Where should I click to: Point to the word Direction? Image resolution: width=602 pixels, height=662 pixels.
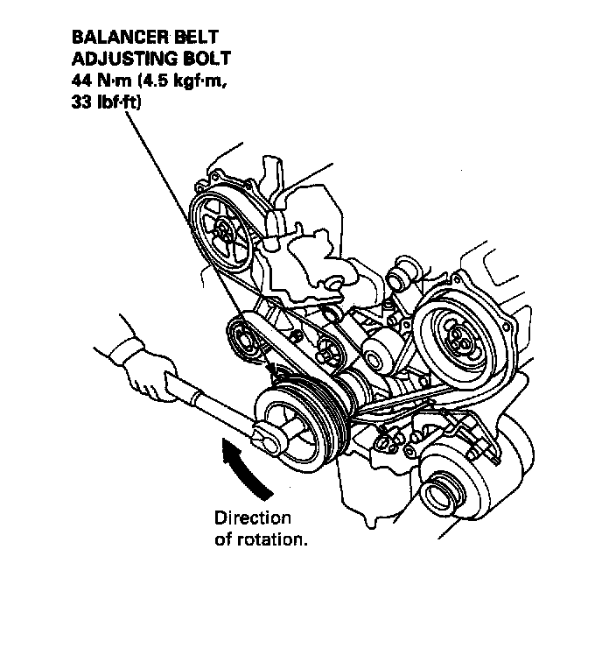(252, 518)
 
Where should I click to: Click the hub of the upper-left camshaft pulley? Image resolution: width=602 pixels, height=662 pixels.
(224, 232)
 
